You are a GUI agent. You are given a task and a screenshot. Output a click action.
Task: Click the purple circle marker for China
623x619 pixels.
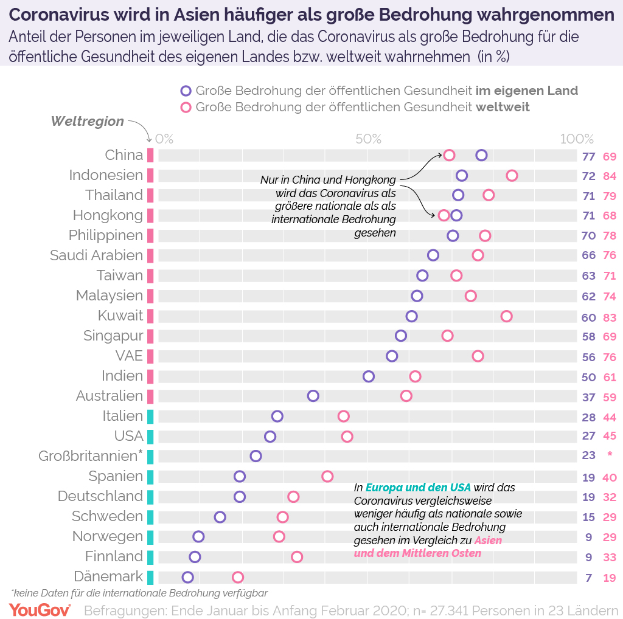(x=481, y=155)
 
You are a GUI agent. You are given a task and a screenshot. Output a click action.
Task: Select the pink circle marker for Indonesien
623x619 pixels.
(x=512, y=176)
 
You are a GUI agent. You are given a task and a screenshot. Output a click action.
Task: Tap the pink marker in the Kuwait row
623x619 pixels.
(x=506, y=316)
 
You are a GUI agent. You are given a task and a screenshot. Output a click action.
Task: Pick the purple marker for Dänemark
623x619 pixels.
(x=187, y=577)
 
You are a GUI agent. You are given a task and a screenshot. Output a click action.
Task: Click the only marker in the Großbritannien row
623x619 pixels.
(x=256, y=456)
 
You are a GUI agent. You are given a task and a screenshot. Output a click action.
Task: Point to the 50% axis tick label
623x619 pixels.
(x=368, y=139)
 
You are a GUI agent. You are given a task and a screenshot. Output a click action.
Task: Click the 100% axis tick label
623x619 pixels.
(x=576, y=139)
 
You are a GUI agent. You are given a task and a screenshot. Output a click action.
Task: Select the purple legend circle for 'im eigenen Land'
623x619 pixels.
(x=186, y=91)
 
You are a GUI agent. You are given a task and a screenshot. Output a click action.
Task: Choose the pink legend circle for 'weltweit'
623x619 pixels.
(x=186, y=108)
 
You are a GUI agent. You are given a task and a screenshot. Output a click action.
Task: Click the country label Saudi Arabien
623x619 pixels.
(x=96, y=255)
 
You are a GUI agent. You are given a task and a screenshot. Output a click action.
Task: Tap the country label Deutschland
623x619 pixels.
(x=100, y=496)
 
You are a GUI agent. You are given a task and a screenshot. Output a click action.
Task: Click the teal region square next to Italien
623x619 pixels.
(x=150, y=417)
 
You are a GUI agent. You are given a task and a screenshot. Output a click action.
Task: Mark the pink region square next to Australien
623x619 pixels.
(x=150, y=396)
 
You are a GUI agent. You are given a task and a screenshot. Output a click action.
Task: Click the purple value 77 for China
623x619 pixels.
(x=588, y=156)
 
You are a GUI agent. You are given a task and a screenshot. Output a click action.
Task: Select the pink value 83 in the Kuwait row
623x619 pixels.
(x=610, y=317)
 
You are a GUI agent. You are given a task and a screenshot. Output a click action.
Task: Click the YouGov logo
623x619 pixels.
(x=40, y=609)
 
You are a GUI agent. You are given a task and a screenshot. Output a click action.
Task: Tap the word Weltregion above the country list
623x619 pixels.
(x=87, y=122)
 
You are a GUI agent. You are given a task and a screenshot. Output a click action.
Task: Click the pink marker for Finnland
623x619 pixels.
(x=296, y=557)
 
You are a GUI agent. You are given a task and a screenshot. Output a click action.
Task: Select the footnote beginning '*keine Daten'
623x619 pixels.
(x=139, y=592)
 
